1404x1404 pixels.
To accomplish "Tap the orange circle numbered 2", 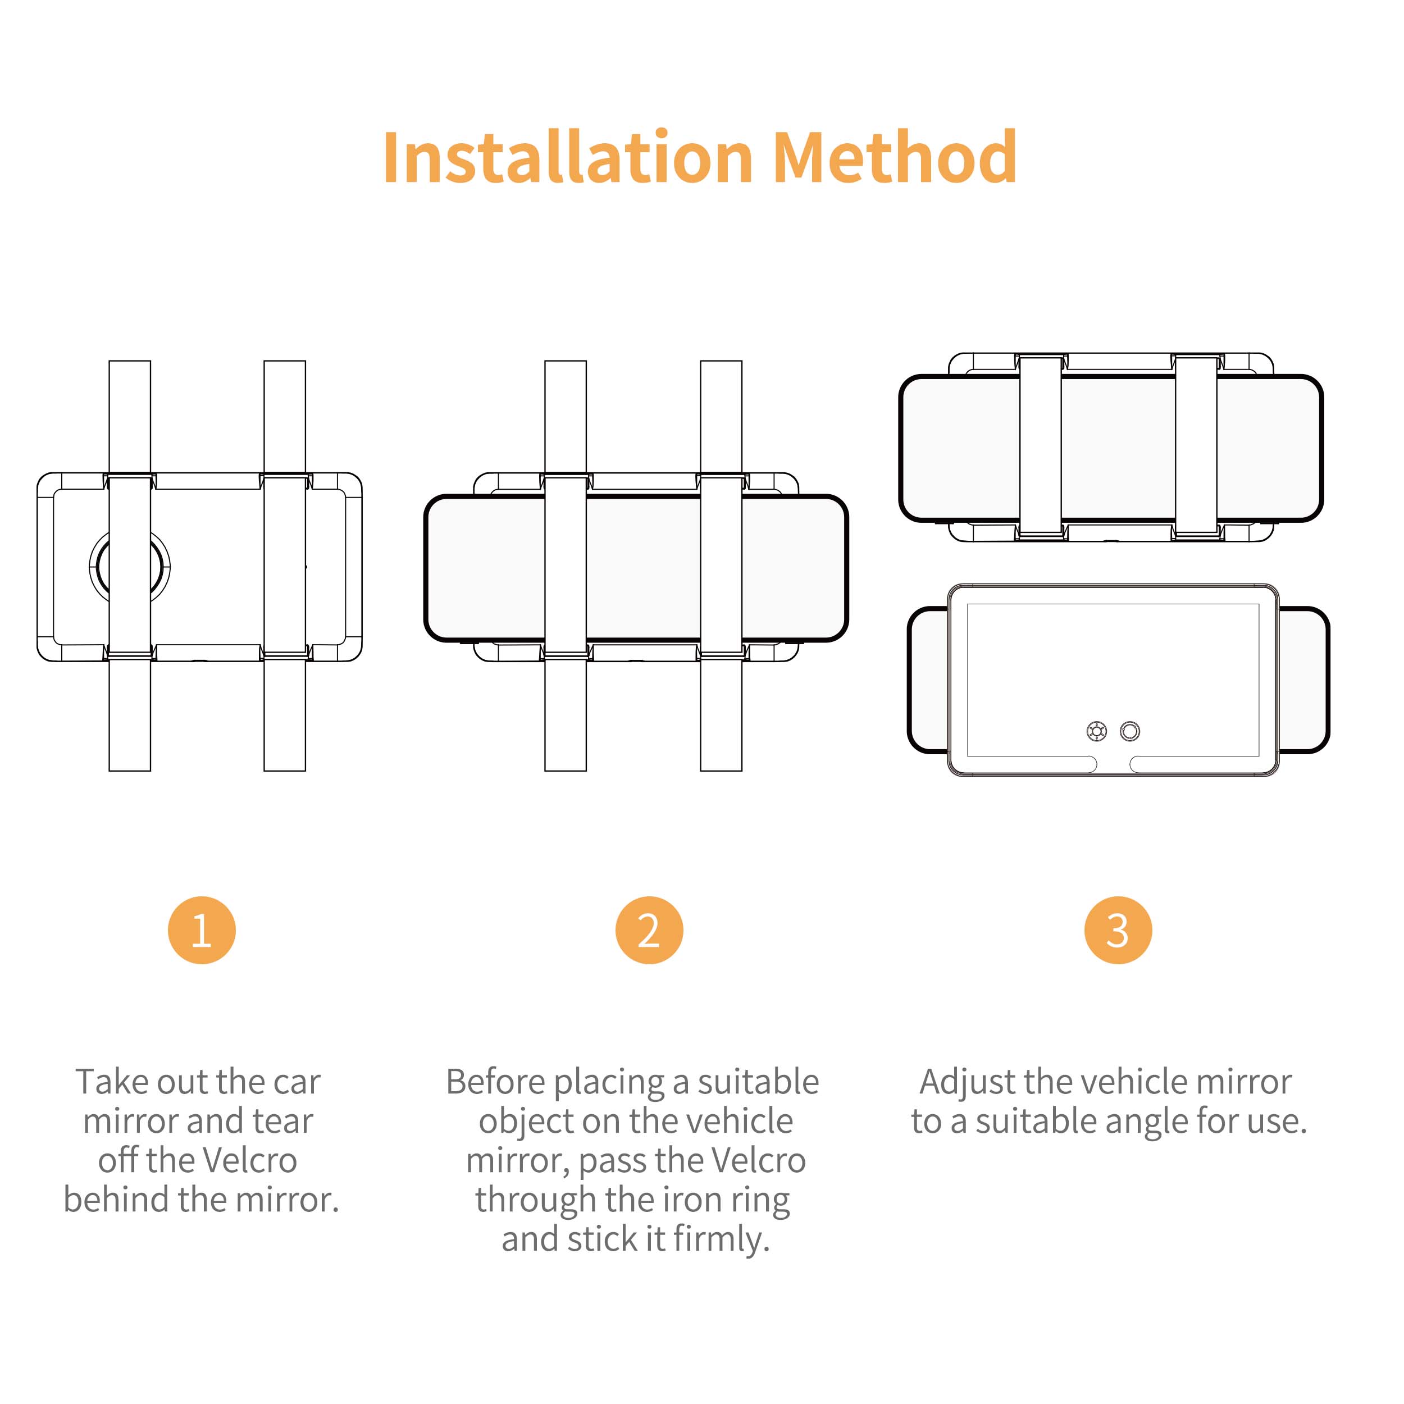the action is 649,930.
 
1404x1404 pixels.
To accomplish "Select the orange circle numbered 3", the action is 1118,930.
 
